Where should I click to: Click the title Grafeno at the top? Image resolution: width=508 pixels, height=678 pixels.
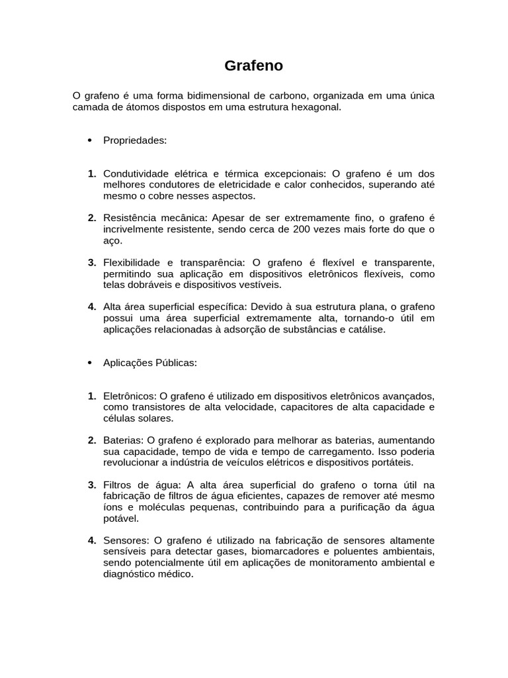click(253, 66)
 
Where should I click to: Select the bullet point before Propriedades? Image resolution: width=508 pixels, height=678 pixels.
click(90, 140)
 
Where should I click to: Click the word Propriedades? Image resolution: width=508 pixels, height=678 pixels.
click(135, 140)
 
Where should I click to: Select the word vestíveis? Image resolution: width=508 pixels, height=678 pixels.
click(260, 285)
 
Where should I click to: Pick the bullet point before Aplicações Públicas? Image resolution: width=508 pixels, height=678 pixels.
click(90, 363)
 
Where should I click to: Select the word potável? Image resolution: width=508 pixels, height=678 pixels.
click(120, 518)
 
